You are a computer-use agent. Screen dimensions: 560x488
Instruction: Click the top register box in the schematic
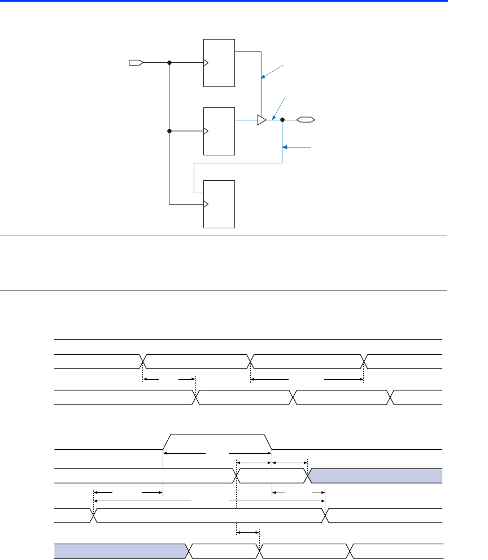point(219,63)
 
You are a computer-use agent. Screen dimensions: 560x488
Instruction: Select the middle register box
point(219,131)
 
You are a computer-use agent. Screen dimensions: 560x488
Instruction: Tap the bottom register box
point(219,204)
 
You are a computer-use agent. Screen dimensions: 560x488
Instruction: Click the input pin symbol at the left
point(136,62)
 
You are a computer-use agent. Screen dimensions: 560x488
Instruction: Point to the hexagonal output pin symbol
point(306,120)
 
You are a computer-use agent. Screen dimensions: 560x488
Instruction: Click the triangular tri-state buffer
point(261,120)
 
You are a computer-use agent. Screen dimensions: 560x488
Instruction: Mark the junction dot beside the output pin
point(282,120)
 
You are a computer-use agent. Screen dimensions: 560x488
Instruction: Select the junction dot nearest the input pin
point(169,62)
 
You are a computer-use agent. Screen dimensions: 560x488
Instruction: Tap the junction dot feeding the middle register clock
point(169,131)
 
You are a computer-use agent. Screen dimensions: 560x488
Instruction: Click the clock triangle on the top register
point(206,62)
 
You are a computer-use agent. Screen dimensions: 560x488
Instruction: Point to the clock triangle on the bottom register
point(206,204)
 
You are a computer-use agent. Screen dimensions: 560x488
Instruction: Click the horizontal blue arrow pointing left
point(297,147)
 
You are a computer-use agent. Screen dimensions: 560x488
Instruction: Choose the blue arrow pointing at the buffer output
point(278,108)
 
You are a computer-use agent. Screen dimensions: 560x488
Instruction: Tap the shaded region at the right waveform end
point(376,476)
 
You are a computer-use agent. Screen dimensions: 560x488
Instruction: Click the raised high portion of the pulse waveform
point(217,436)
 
